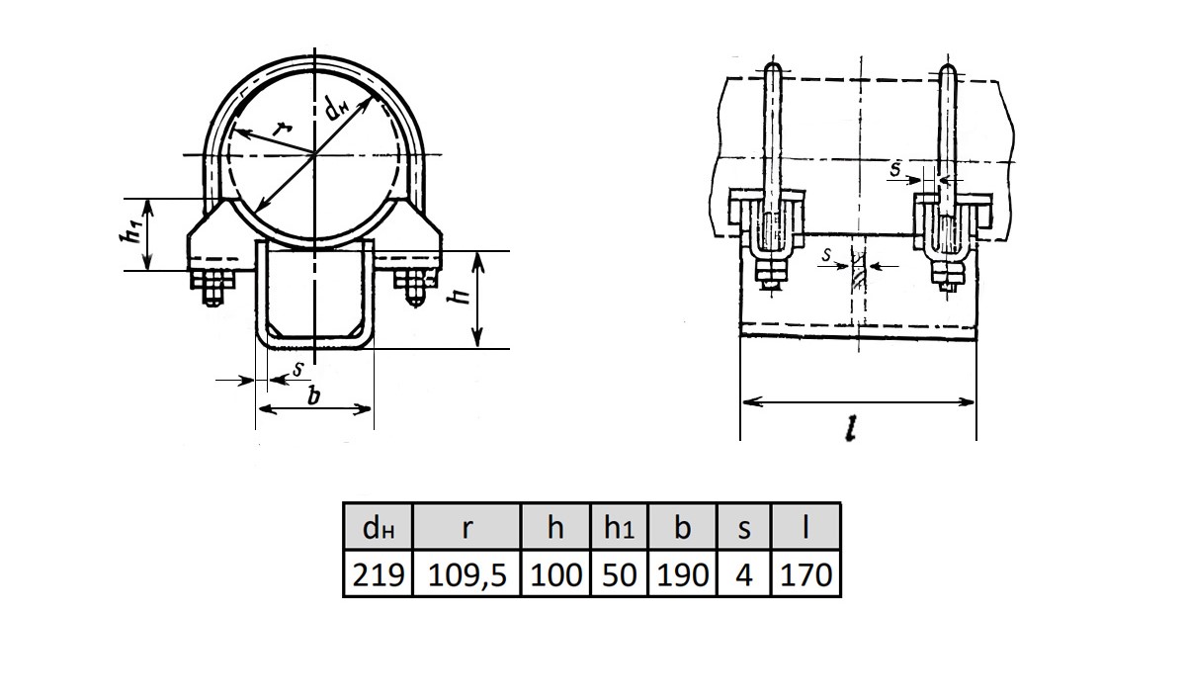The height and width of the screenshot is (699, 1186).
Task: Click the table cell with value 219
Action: pyautogui.click(x=378, y=573)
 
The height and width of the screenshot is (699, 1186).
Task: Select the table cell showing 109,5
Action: pyautogui.click(x=466, y=573)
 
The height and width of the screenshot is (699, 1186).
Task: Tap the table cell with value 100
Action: pyautogui.click(x=555, y=573)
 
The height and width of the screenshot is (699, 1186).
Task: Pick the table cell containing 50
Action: pyautogui.click(x=619, y=573)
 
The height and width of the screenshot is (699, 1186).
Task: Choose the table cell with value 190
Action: pyautogui.click(x=683, y=573)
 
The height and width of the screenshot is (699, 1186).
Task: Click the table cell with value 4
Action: pyautogui.click(x=744, y=573)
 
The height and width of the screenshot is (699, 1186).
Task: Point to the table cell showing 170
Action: pyautogui.click(x=805, y=573)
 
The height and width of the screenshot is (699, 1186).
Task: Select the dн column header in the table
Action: pyautogui.click(x=378, y=526)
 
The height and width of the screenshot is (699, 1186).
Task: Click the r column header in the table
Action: pyautogui.click(x=466, y=526)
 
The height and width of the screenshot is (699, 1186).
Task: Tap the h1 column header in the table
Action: pyautogui.click(x=619, y=526)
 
